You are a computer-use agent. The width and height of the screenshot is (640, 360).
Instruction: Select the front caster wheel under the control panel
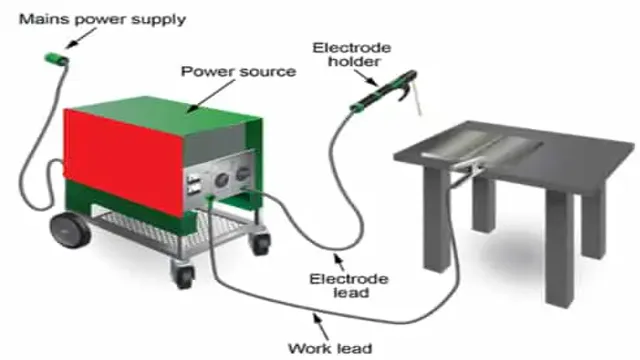coord(183,270)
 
